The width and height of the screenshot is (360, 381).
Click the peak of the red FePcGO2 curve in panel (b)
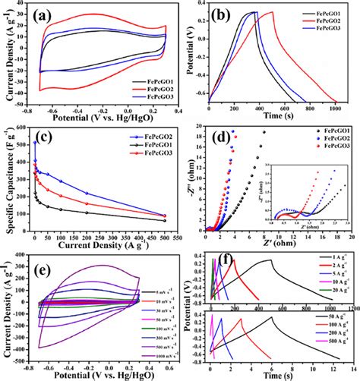293,12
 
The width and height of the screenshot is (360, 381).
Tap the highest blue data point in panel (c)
36,143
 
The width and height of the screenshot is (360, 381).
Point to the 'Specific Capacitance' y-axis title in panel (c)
10,182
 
